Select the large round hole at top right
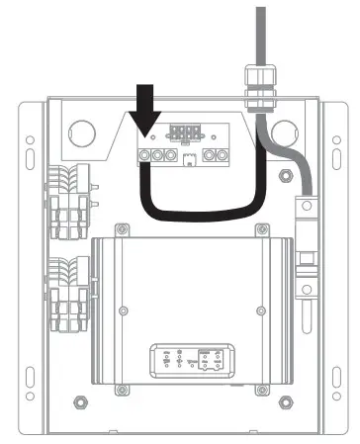tap(285, 133)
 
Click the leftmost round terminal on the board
tap(144, 156)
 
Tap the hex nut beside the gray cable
tap(285, 176)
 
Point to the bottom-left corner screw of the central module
tap(121, 389)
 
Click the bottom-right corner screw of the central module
tap(261, 389)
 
